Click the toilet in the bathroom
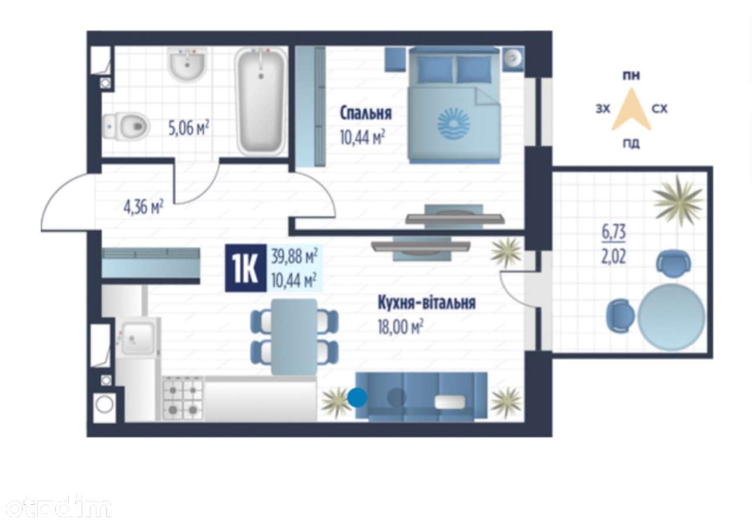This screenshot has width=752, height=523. pyautogui.click(x=126, y=126)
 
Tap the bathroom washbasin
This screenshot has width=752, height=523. pyautogui.click(x=187, y=65)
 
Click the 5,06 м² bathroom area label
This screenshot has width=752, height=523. pyautogui.click(x=189, y=128)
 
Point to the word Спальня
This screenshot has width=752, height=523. pyautogui.click(x=365, y=113)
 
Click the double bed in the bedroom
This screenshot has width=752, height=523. pyautogui.click(x=454, y=105)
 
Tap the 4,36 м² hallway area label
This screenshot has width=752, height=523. pyautogui.click(x=143, y=207)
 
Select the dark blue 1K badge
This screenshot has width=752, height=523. pyautogui.click(x=246, y=268)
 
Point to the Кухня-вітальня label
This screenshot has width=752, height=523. pyautogui.click(x=427, y=303)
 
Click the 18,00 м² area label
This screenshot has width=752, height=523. pyautogui.click(x=400, y=326)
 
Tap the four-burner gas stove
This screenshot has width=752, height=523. pyautogui.click(x=183, y=400)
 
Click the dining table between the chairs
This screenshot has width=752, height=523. pyautogui.click(x=294, y=336)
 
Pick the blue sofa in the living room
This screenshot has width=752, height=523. pyautogui.click(x=421, y=397)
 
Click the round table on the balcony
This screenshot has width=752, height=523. pyautogui.click(x=672, y=317)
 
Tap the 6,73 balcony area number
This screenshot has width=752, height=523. pyautogui.click(x=614, y=232)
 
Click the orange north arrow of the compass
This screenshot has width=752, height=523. pyautogui.click(x=632, y=109)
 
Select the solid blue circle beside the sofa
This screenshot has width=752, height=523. pyautogui.click(x=357, y=397)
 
